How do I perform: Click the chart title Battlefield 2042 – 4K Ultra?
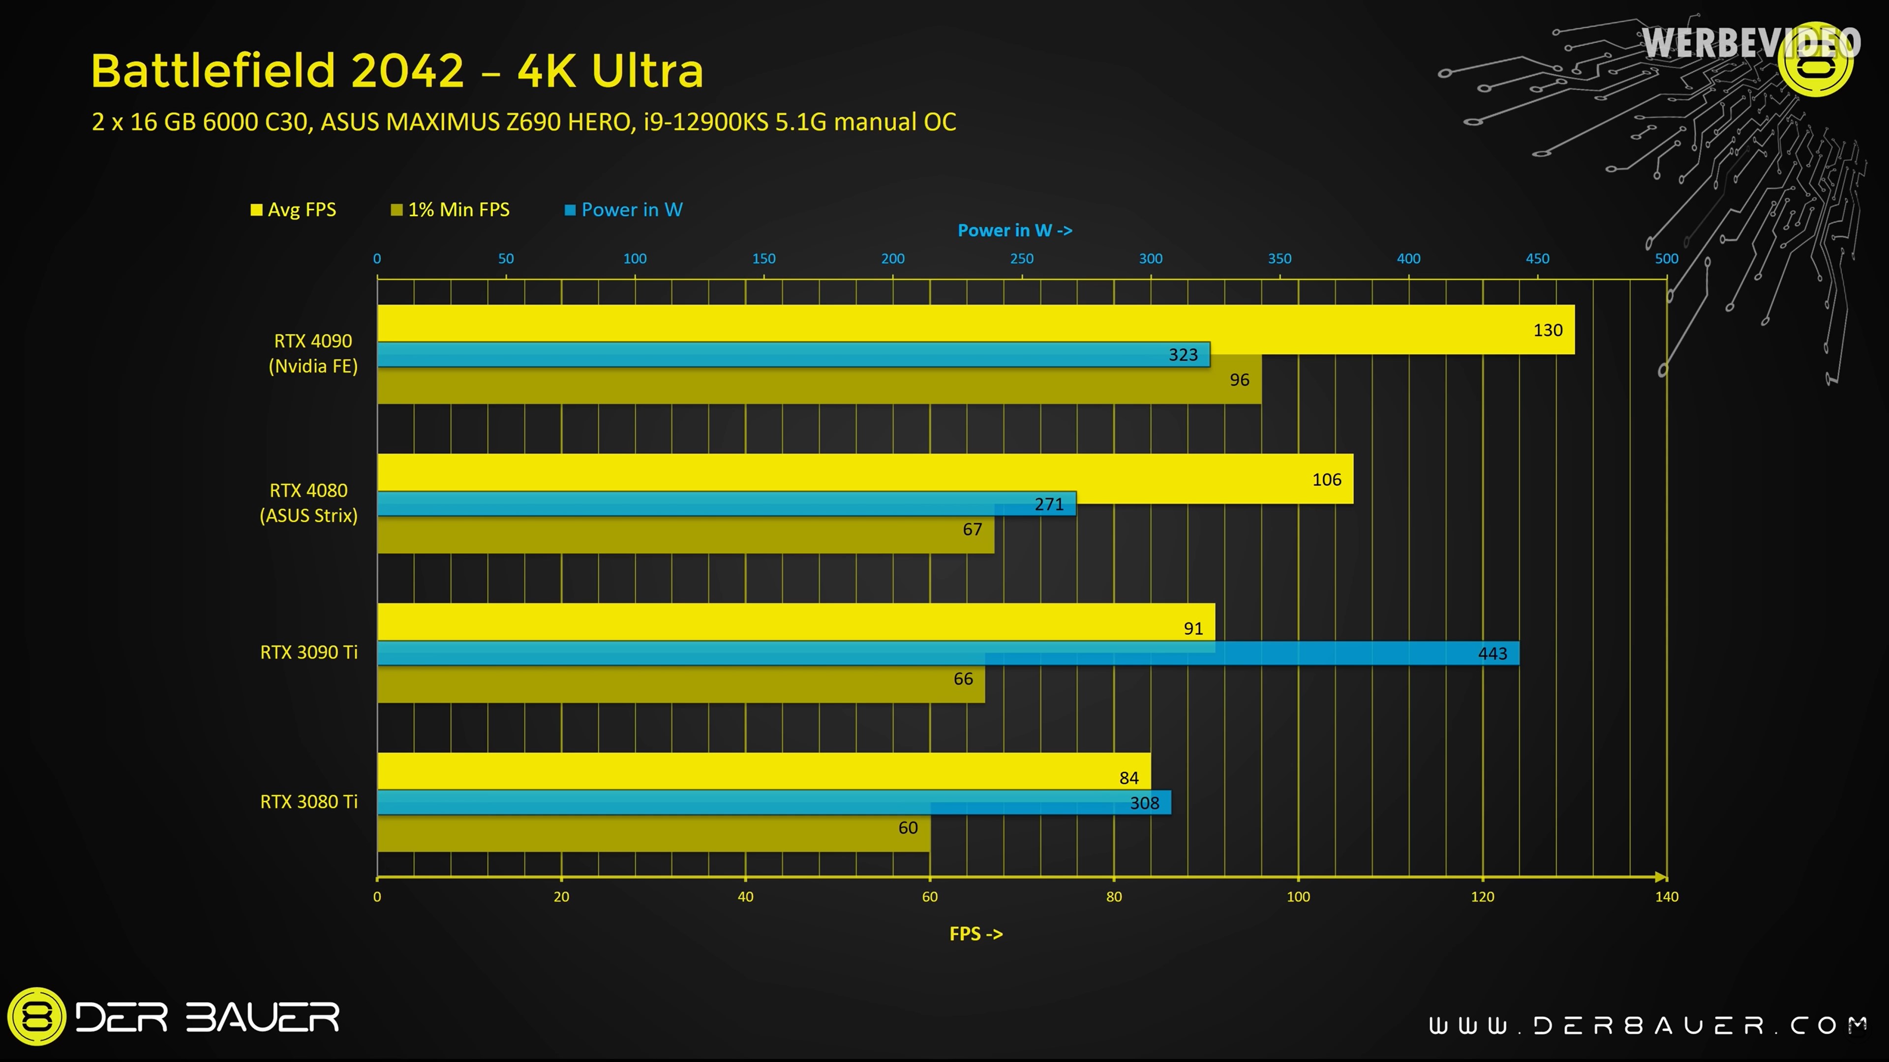(396, 71)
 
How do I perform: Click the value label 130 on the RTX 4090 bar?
(1547, 330)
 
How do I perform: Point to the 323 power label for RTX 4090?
(1182, 354)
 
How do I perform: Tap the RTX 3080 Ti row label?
(309, 802)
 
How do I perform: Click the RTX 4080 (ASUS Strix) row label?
(309, 503)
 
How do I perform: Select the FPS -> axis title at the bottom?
(975, 934)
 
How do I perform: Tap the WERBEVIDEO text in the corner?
(1750, 42)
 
